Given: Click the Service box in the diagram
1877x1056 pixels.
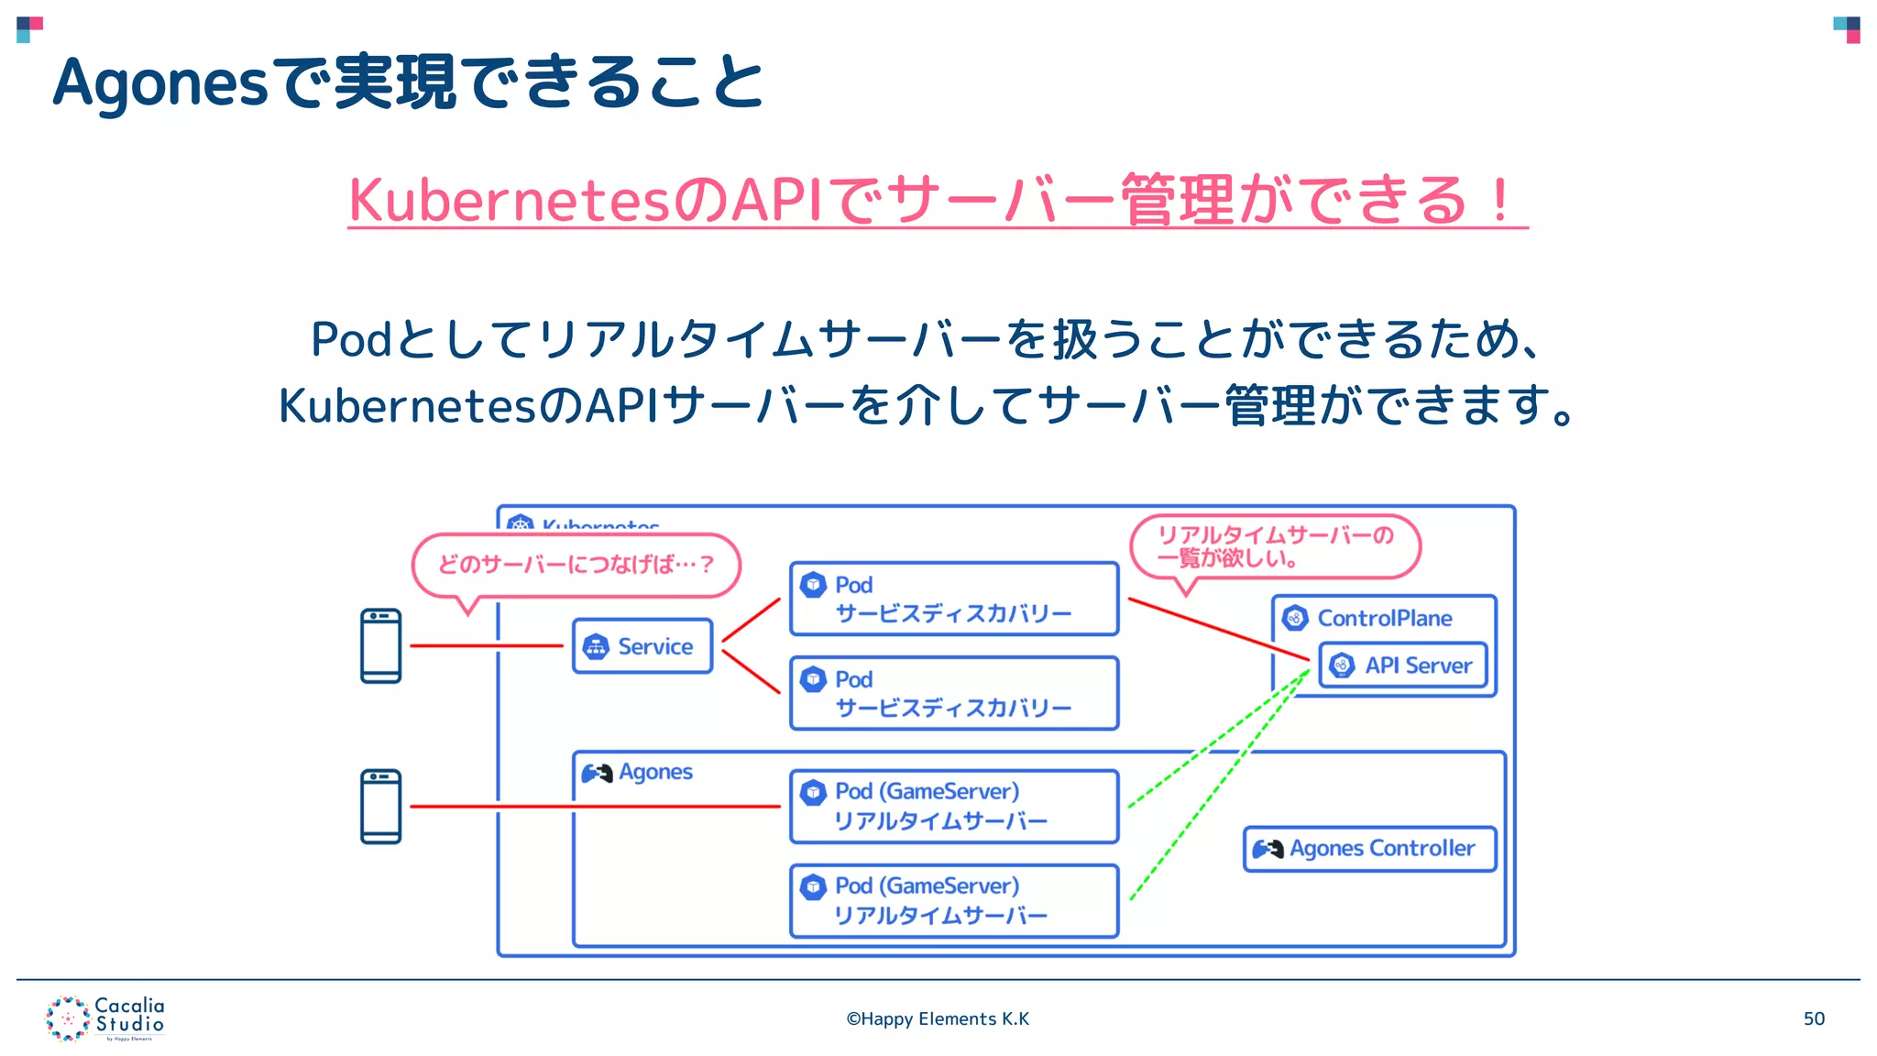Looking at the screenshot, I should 642,646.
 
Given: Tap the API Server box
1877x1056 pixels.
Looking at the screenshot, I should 1402,665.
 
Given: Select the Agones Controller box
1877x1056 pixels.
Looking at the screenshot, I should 1369,849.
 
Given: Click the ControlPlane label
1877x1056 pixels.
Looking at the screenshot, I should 1384,619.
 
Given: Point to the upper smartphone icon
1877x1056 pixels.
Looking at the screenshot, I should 380,646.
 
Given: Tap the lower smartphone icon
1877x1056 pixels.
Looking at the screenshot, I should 380,807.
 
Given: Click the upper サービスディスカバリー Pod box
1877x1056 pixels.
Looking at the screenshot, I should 954,599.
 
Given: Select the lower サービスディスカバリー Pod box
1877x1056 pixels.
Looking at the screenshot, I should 954,694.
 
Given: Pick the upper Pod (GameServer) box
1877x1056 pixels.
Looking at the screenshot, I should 954,807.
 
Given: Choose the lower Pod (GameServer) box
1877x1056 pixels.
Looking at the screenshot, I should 954,901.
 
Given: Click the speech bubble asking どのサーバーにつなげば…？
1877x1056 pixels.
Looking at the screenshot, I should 576,565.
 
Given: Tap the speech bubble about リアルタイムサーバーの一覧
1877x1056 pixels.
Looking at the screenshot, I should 1275,546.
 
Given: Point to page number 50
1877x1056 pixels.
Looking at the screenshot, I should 1814,1018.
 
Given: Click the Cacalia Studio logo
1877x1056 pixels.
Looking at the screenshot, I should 105,1018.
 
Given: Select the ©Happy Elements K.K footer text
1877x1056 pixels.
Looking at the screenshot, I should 938,1018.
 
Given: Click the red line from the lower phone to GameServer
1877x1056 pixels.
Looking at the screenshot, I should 596,807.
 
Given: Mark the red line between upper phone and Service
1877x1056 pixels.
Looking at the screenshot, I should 486,646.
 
